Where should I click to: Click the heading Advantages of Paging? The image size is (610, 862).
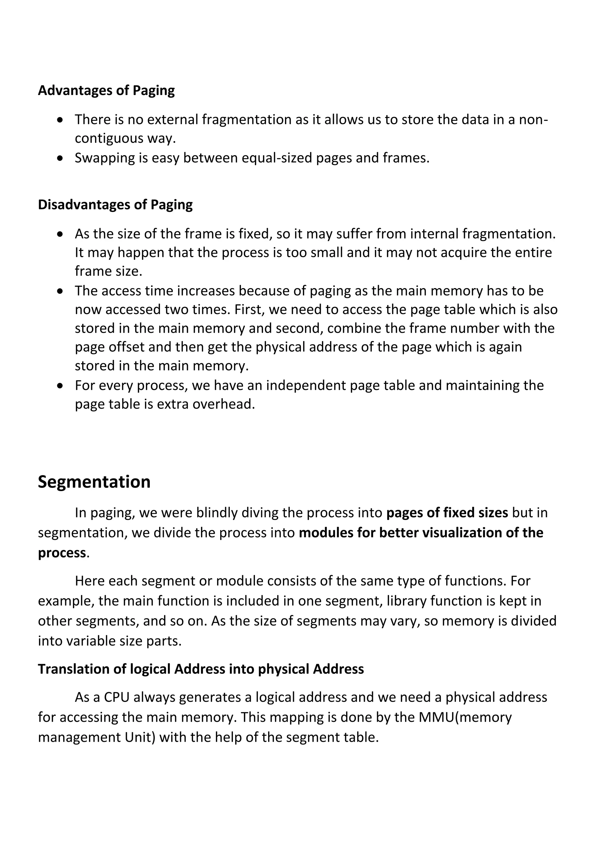click(x=106, y=91)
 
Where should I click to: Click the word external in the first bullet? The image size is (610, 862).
click(x=172, y=120)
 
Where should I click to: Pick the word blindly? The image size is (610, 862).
click(x=217, y=513)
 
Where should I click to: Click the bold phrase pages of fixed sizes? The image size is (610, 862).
click(x=447, y=513)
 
